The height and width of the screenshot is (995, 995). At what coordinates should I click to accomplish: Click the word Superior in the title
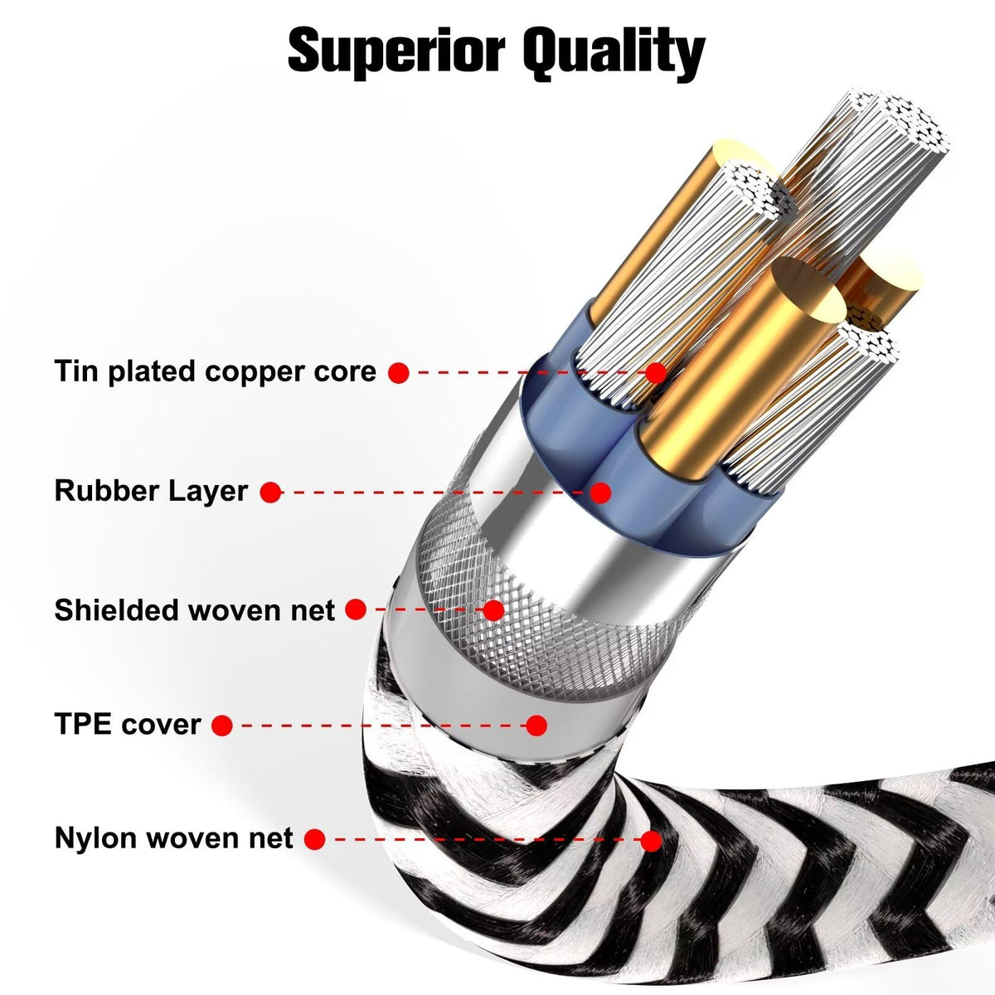395,51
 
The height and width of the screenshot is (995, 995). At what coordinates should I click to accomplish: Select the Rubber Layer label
151,490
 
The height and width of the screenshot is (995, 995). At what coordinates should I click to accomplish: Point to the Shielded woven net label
195,610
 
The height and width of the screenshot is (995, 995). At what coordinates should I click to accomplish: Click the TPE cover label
128,725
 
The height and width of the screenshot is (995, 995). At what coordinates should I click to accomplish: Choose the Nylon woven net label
174,838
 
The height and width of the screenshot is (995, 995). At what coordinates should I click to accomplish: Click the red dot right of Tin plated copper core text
399,373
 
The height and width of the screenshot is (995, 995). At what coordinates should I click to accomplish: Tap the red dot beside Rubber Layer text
270,493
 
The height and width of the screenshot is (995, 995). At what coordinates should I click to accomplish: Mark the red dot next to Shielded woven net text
356,610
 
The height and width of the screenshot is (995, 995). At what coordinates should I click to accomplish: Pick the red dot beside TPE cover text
221,726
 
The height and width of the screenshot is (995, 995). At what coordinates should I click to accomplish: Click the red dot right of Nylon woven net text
314,840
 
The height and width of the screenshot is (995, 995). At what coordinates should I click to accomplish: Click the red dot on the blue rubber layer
601,493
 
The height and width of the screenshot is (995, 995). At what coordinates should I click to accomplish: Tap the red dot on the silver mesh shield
493,610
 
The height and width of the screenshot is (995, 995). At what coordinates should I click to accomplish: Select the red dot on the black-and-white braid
651,841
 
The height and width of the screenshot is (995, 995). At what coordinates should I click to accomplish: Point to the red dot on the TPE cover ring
537,726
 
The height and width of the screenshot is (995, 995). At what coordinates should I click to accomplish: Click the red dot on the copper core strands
656,373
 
